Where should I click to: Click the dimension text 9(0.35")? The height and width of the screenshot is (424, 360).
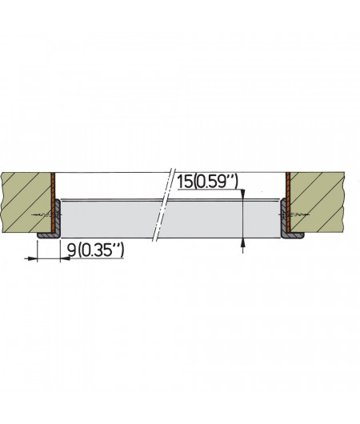[95, 251]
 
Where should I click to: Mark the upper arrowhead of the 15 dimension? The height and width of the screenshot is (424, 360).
[242, 192]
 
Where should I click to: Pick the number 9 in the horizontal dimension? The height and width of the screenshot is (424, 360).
[72, 251]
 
